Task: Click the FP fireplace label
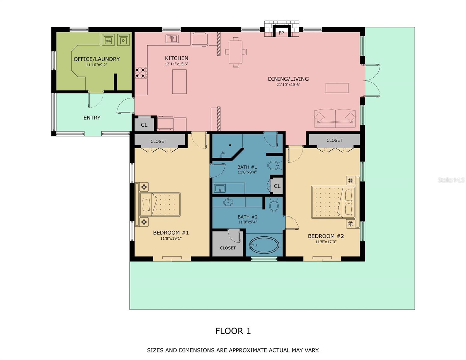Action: [281, 33]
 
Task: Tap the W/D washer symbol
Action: [108, 40]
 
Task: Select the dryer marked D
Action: [123, 40]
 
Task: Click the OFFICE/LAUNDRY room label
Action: [97, 59]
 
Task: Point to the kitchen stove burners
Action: [141, 73]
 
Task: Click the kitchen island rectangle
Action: [179, 82]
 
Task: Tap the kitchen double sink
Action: [172, 39]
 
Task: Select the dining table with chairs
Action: [236, 52]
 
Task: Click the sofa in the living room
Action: [335, 118]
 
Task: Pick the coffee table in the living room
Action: [337, 88]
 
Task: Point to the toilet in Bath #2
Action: [274, 206]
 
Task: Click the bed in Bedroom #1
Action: [160, 204]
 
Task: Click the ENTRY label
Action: [92, 118]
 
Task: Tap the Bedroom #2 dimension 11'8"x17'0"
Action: [326, 242]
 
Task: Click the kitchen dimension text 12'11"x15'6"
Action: [176, 64]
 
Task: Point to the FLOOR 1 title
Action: [233, 331]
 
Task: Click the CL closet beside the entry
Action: [144, 125]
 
